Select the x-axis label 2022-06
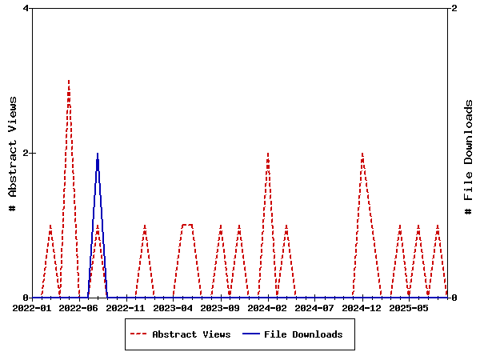[x=79, y=307]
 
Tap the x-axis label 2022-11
[x=126, y=307]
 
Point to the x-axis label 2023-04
[x=174, y=307]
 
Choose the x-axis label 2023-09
[x=220, y=307]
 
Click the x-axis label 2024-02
[x=267, y=307]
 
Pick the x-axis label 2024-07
[x=314, y=307]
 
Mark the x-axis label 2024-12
[x=362, y=307]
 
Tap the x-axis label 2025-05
[x=409, y=307]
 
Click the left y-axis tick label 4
[x=26, y=9]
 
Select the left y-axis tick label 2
[x=26, y=153]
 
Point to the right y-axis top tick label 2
[x=454, y=9]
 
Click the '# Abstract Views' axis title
[x=13, y=153]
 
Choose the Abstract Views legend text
[x=191, y=334]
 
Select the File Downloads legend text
[x=303, y=334]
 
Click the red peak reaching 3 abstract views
[x=69, y=81]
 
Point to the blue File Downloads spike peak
[x=98, y=154]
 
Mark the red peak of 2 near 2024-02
[x=267, y=153]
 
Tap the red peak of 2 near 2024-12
[x=362, y=153]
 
